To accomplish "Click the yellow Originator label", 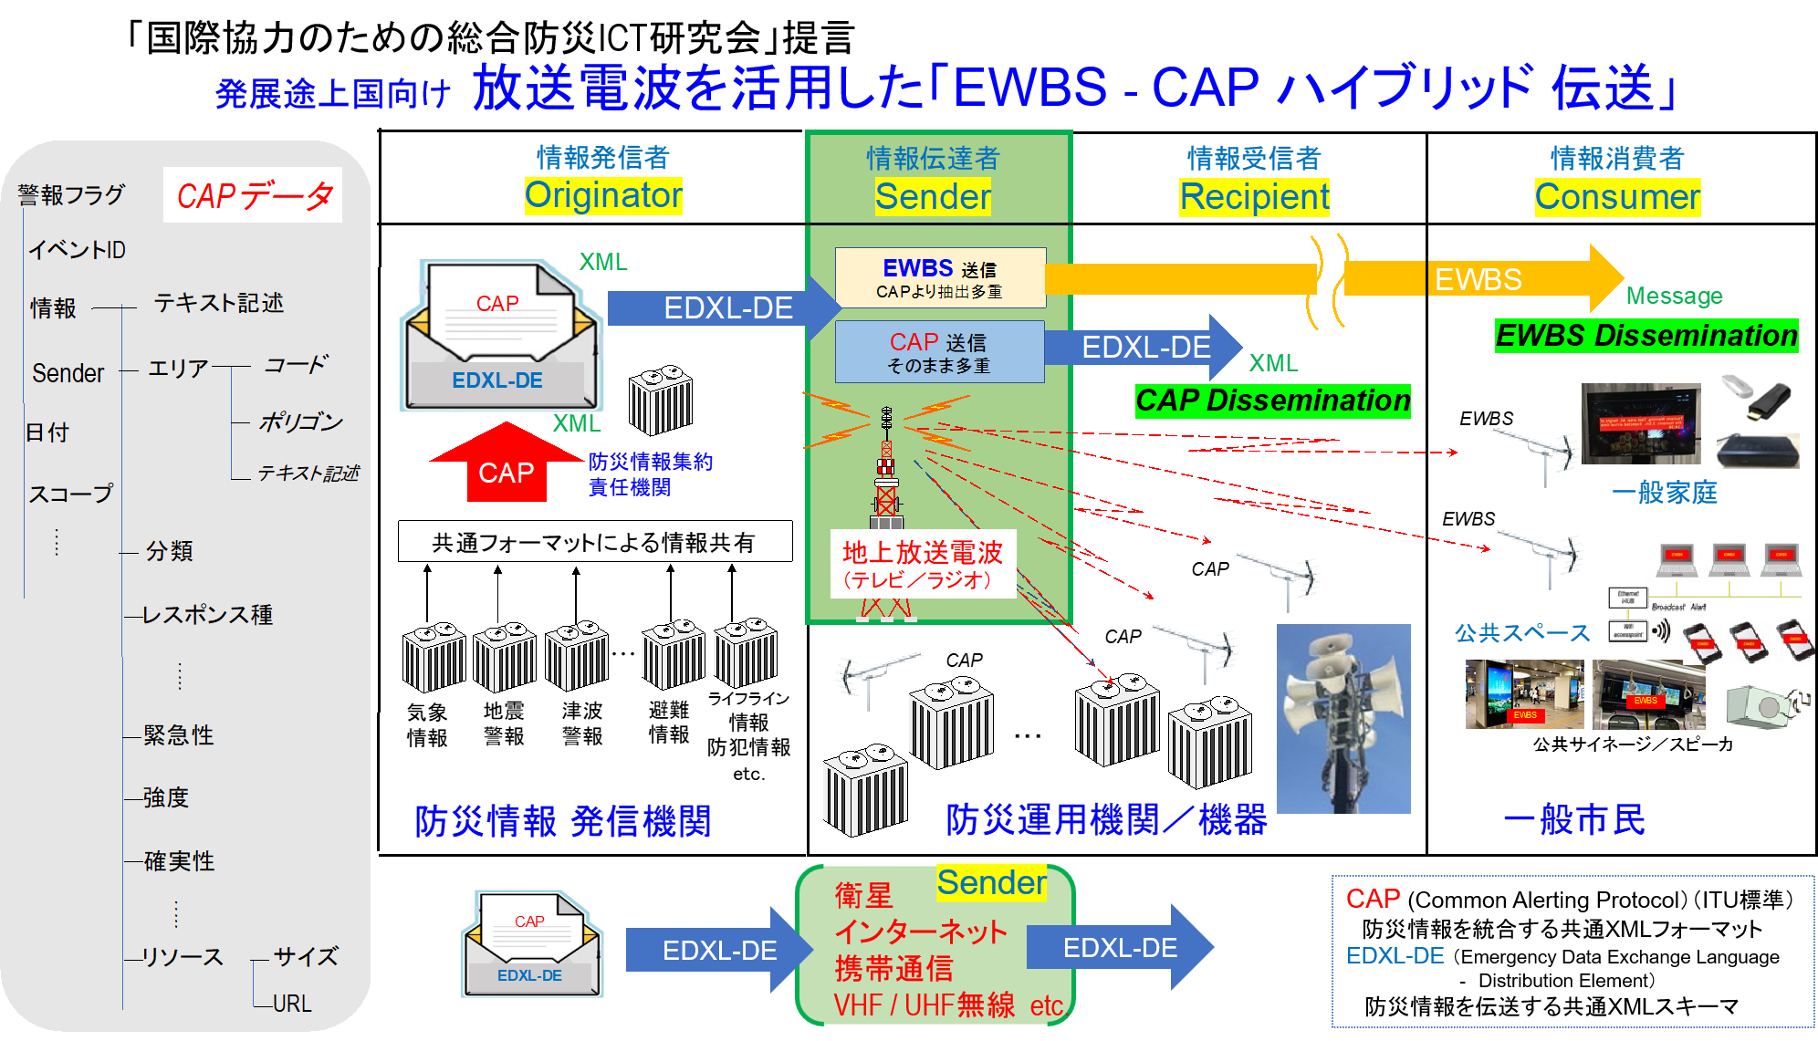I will pyautogui.click(x=603, y=195).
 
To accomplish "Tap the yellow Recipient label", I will pyautogui.click(x=1254, y=197).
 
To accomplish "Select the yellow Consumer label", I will pyautogui.click(x=1617, y=197).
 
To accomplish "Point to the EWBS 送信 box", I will pyautogui.click(x=940, y=277).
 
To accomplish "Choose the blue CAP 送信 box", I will pyautogui.click(x=939, y=351).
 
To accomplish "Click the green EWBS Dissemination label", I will pyautogui.click(x=1646, y=336).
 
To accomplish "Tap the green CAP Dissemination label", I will pyautogui.click(x=1272, y=401).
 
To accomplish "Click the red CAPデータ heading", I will pyautogui.click(x=253, y=195).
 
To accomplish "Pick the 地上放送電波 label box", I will pyautogui.click(x=923, y=564).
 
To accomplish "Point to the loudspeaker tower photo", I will pyautogui.click(x=1343, y=718).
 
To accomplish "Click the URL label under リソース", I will pyautogui.click(x=292, y=1004).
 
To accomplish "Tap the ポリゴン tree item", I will pyautogui.click(x=300, y=422).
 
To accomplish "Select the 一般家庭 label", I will pyautogui.click(x=1664, y=493).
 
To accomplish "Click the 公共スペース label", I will pyautogui.click(x=1521, y=633).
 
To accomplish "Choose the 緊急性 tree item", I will pyautogui.click(x=179, y=735).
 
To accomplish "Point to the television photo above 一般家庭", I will pyautogui.click(x=1640, y=424).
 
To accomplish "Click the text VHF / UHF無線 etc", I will pyautogui.click(x=948, y=1005).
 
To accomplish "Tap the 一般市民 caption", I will pyautogui.click(x=1573, y=819).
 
